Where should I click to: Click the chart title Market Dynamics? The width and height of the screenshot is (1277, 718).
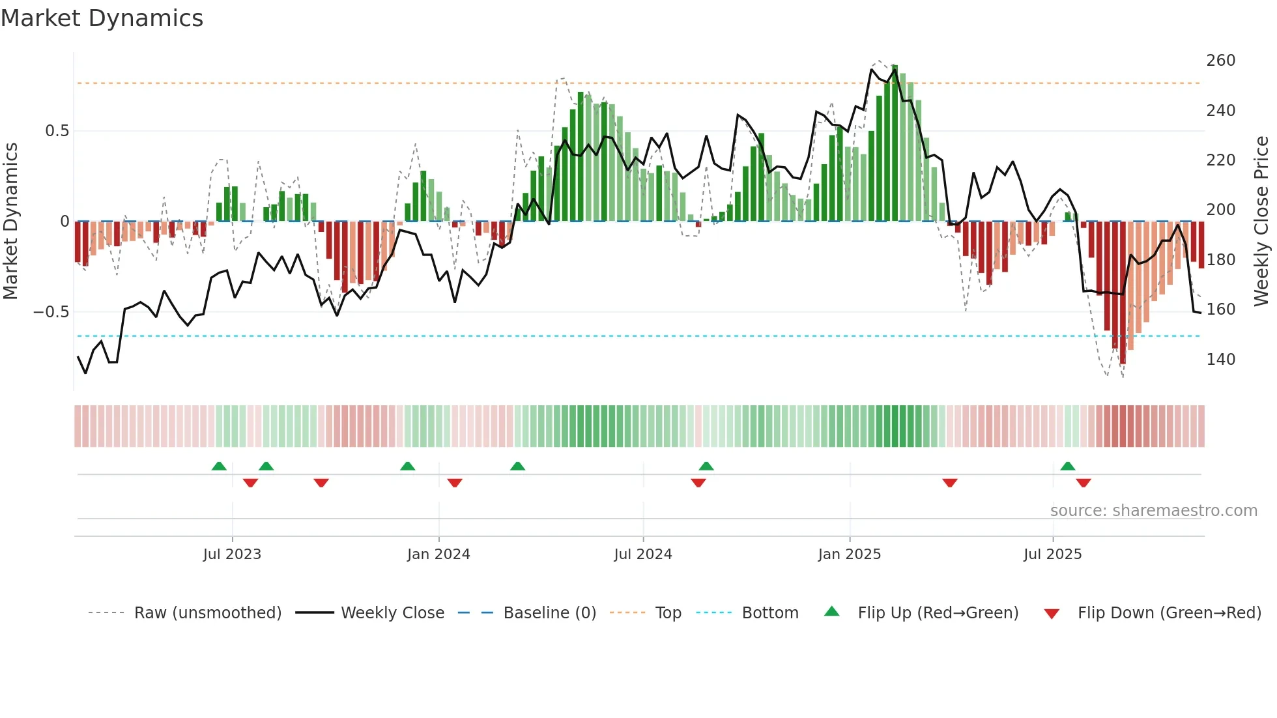pyautogui.click(x=102, y=18)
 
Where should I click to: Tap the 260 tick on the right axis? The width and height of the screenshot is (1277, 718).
pyautogui.click(x=1220, y=61)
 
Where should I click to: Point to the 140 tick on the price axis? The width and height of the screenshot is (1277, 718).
pyautogui.click(x=1220, y=360)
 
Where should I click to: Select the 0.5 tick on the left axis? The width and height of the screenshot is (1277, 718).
pyautogui.click(x=57, y=131)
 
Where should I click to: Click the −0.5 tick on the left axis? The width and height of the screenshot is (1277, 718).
pyautogui.click(x=51, y=312)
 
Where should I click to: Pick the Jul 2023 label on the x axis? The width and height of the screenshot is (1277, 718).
pyautogui.click(x=232, y=554)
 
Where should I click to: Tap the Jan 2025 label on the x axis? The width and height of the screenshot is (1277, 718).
pyautogui.click(x=849, y=554)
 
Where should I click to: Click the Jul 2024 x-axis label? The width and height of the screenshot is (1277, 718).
pyautogui.click(x=642, y=554)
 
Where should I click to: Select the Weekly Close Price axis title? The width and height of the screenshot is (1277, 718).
pyautogui.click(x=1261, y=222)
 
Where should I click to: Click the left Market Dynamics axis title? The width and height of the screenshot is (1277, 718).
pyautogui.click(x=10, y=222)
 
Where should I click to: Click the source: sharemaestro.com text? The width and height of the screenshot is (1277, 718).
pyautogui.click(x=1153, y=511)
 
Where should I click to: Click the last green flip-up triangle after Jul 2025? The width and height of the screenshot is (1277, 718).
pyautogui.click(x=1067, y=467)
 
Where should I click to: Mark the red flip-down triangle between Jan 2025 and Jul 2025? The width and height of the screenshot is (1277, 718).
pyautogui.click(x=949, y=483)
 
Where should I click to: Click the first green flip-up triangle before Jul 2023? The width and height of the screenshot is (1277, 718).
pyautogui.click(x=219, y=467)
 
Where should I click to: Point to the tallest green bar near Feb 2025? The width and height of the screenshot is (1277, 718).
pyautogui.click(x=895, y=143)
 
